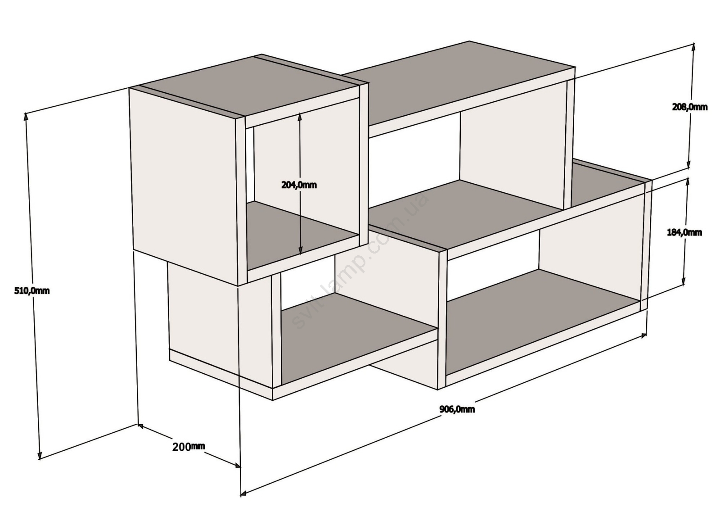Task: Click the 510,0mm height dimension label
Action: (x=32, y=291)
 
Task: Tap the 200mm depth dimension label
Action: (x=189, y=447)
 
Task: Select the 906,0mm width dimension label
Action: (x=457, y=409)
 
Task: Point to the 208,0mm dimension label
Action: (x=690, y=107)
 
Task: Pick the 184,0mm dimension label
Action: (x=684, y=232)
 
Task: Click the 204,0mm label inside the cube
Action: (x=299, y=185)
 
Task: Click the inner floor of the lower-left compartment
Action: (x=357, y=338)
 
